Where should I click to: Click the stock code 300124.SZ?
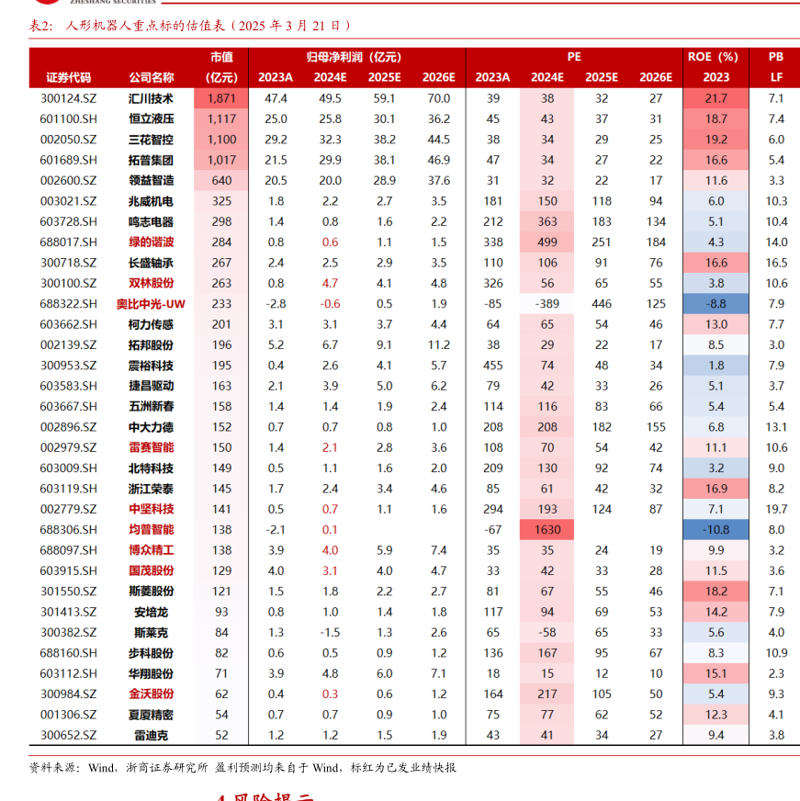coord(69,98)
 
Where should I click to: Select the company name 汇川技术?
coord(151,98)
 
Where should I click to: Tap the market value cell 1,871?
coord(221,98)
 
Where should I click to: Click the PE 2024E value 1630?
coord(547,530)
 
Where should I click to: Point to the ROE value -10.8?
coord(716,530)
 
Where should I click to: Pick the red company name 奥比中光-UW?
coord(151,304)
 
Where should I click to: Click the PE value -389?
coord(547,304)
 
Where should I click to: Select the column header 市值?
coord(221,57)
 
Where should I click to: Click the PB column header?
coord(776,57)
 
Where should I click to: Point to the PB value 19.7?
coord(776,509)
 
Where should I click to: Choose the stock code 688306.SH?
coord(69,530)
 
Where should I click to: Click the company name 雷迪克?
coord(151,735)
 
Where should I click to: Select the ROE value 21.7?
coord(716,98)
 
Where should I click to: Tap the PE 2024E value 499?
coord(547,243)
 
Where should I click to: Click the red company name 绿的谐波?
coord(151,243)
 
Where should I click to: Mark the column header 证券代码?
coord(69,77)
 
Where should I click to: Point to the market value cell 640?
coord(221,181)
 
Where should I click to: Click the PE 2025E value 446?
coord(602,304)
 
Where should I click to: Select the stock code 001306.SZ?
coord(69,715)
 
